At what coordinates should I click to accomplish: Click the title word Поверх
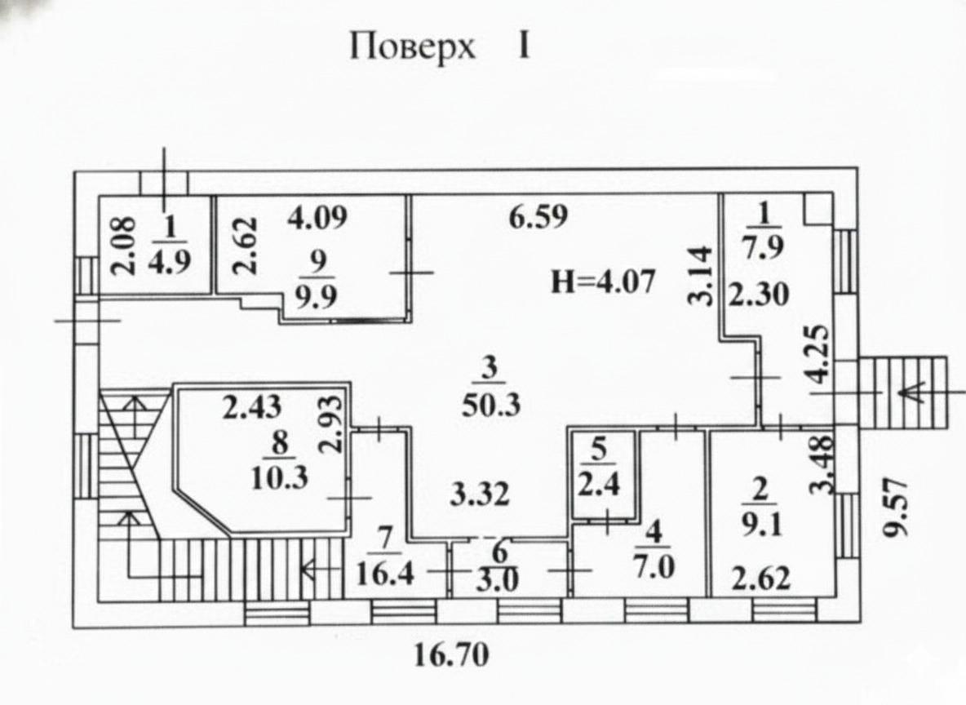point(412,47)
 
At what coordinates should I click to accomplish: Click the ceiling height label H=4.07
point(603,282)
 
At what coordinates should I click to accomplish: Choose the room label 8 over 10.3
point(280,460)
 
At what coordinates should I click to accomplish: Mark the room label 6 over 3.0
point(499,563)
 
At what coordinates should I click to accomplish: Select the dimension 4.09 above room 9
point(319,218)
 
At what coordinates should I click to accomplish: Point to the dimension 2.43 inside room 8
point(253,406)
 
